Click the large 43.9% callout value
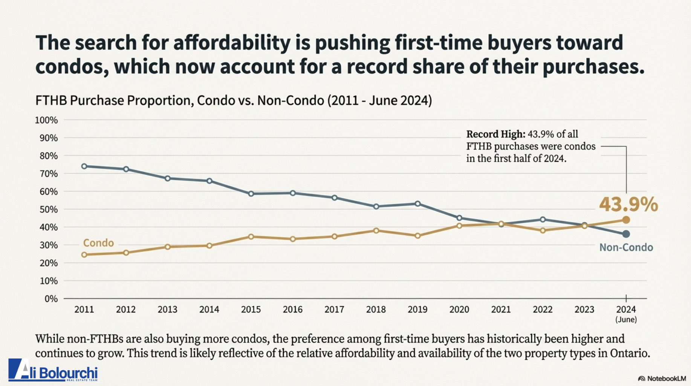[x=628, y=205]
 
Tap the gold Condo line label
[x=98, y=243]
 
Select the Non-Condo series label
[x=626, y=247]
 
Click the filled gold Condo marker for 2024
[x=626, y=220]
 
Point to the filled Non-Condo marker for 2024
[x=626, y=234]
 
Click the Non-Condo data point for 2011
[x=84, y=166]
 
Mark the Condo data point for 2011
[x=84, y=255]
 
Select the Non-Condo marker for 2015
[x=251, y=194]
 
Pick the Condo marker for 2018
[x=376, y=230]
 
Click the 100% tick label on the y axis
[x=46, y=120]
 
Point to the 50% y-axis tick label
[x=49, y=210]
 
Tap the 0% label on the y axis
[x=51, y=299]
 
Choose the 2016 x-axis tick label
[x=293, y=309]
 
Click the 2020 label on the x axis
[x=459, y=309]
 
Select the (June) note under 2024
[x=626, y=320]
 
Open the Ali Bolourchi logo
[x=53, y=370]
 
